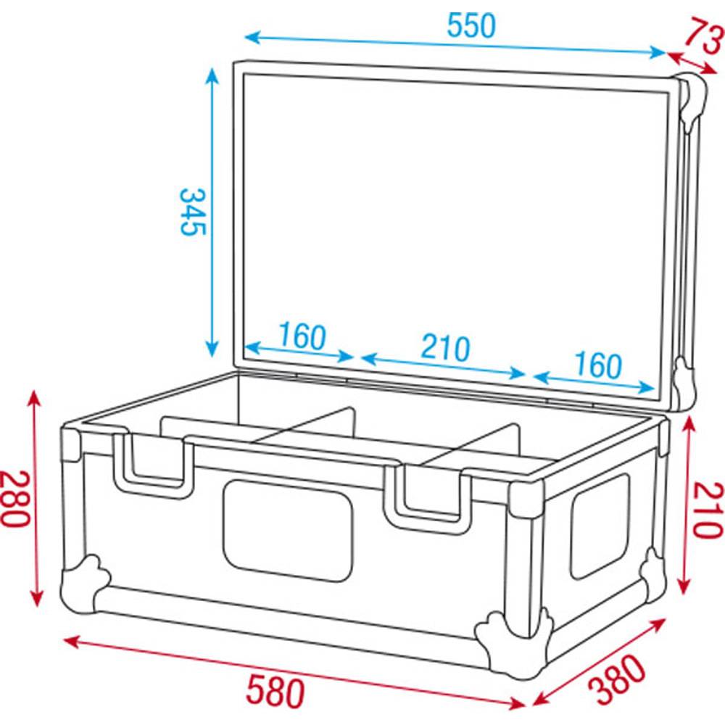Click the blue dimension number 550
coord(471,26)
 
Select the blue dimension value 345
coord(193,212)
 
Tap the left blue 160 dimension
coord(302,336)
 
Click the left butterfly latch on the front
coord(152,464)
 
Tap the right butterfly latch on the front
coord(426,496)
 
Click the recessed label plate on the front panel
coord(287,530)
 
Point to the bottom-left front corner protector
coord(83,584)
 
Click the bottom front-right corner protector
coord(512,641)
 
